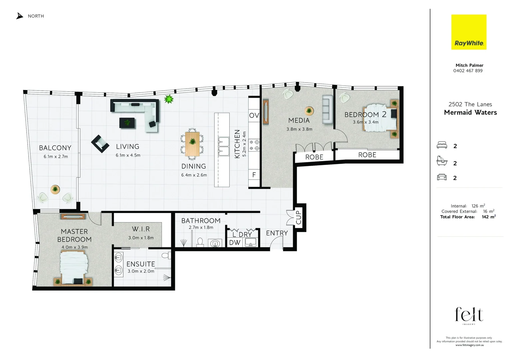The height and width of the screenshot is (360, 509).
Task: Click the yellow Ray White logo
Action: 469,32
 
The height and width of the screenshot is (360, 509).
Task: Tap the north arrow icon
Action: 20,16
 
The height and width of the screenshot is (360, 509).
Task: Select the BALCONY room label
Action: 55,148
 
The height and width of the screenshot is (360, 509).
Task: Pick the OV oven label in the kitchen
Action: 254,115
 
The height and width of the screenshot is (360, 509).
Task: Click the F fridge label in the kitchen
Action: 254,175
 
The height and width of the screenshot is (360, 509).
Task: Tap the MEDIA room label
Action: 299,120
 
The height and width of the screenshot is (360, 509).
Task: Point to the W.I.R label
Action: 141,229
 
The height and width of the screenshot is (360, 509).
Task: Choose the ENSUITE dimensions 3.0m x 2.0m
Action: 141,271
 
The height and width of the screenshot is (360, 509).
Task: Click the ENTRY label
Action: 277,233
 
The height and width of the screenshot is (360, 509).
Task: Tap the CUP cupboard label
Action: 298,217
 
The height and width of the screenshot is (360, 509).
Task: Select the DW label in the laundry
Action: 235,242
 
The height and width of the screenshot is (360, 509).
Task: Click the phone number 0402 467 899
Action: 468,71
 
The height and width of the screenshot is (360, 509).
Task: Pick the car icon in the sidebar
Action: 442,177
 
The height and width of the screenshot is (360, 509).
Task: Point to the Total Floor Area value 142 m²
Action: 489,217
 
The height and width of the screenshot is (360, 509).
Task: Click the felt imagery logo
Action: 469,315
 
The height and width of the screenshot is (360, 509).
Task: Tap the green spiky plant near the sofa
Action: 169,99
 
